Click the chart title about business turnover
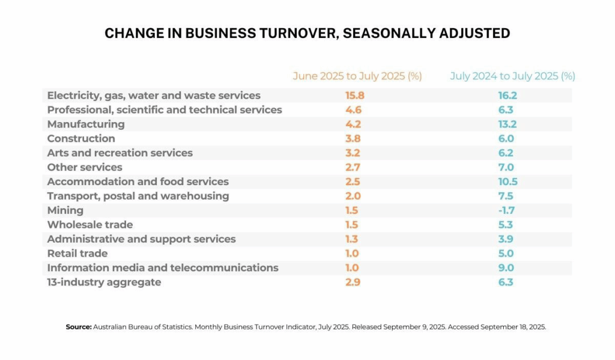pyautogui.click(x=307, y=33)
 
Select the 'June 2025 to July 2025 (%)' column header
pyautogui.click(x=357, y=76)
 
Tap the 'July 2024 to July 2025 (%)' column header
pyautogui.click(x=512, y=76)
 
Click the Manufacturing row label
pyautogui.click(x=86, y=124)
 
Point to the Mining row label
pyautogui.click(x=65, y=210)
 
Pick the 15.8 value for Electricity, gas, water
pyautogui.click(x=355, y=96)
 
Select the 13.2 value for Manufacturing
pyautogui.click(x=506, y=124)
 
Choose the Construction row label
pyautogui.click(x=81, y=139)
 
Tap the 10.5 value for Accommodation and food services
pyautogui.click(x=506, y=182)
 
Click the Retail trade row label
pyautogui.click(x=77, y=254)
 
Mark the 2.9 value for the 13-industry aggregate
pyautogui.click(x=353, y=282)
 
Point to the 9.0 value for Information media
pyautogui.click(x=506, y=268)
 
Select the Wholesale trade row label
pyautogui.click(x=90, y=225)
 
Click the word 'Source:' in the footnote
pyautogui.click(x=78, y=327)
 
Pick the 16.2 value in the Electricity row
pyautogui.click(x=506, y=96)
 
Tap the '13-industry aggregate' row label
pyautogui.click(x=105, y=282)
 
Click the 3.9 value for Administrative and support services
pyautogui.click(x=506, y=239)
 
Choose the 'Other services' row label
pyautogui.click(x=85, y=167)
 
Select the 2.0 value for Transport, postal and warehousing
pyautogui.click(x=353, y=196)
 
